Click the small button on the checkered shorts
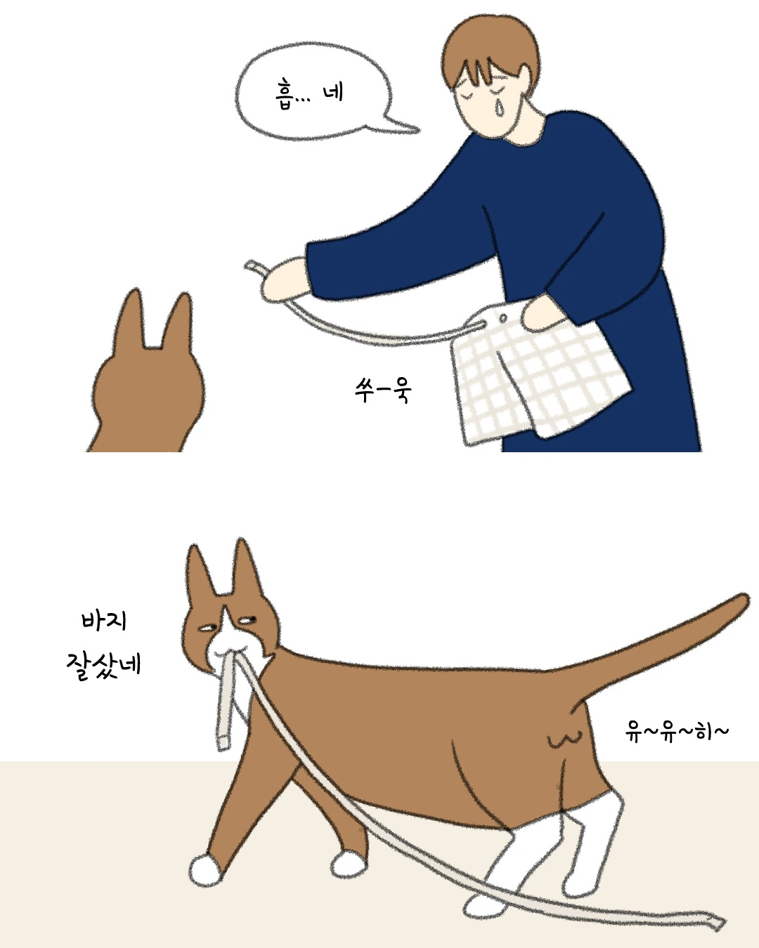click(502, 317)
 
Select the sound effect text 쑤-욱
click(383, 390)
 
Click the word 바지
click(104, 621)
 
